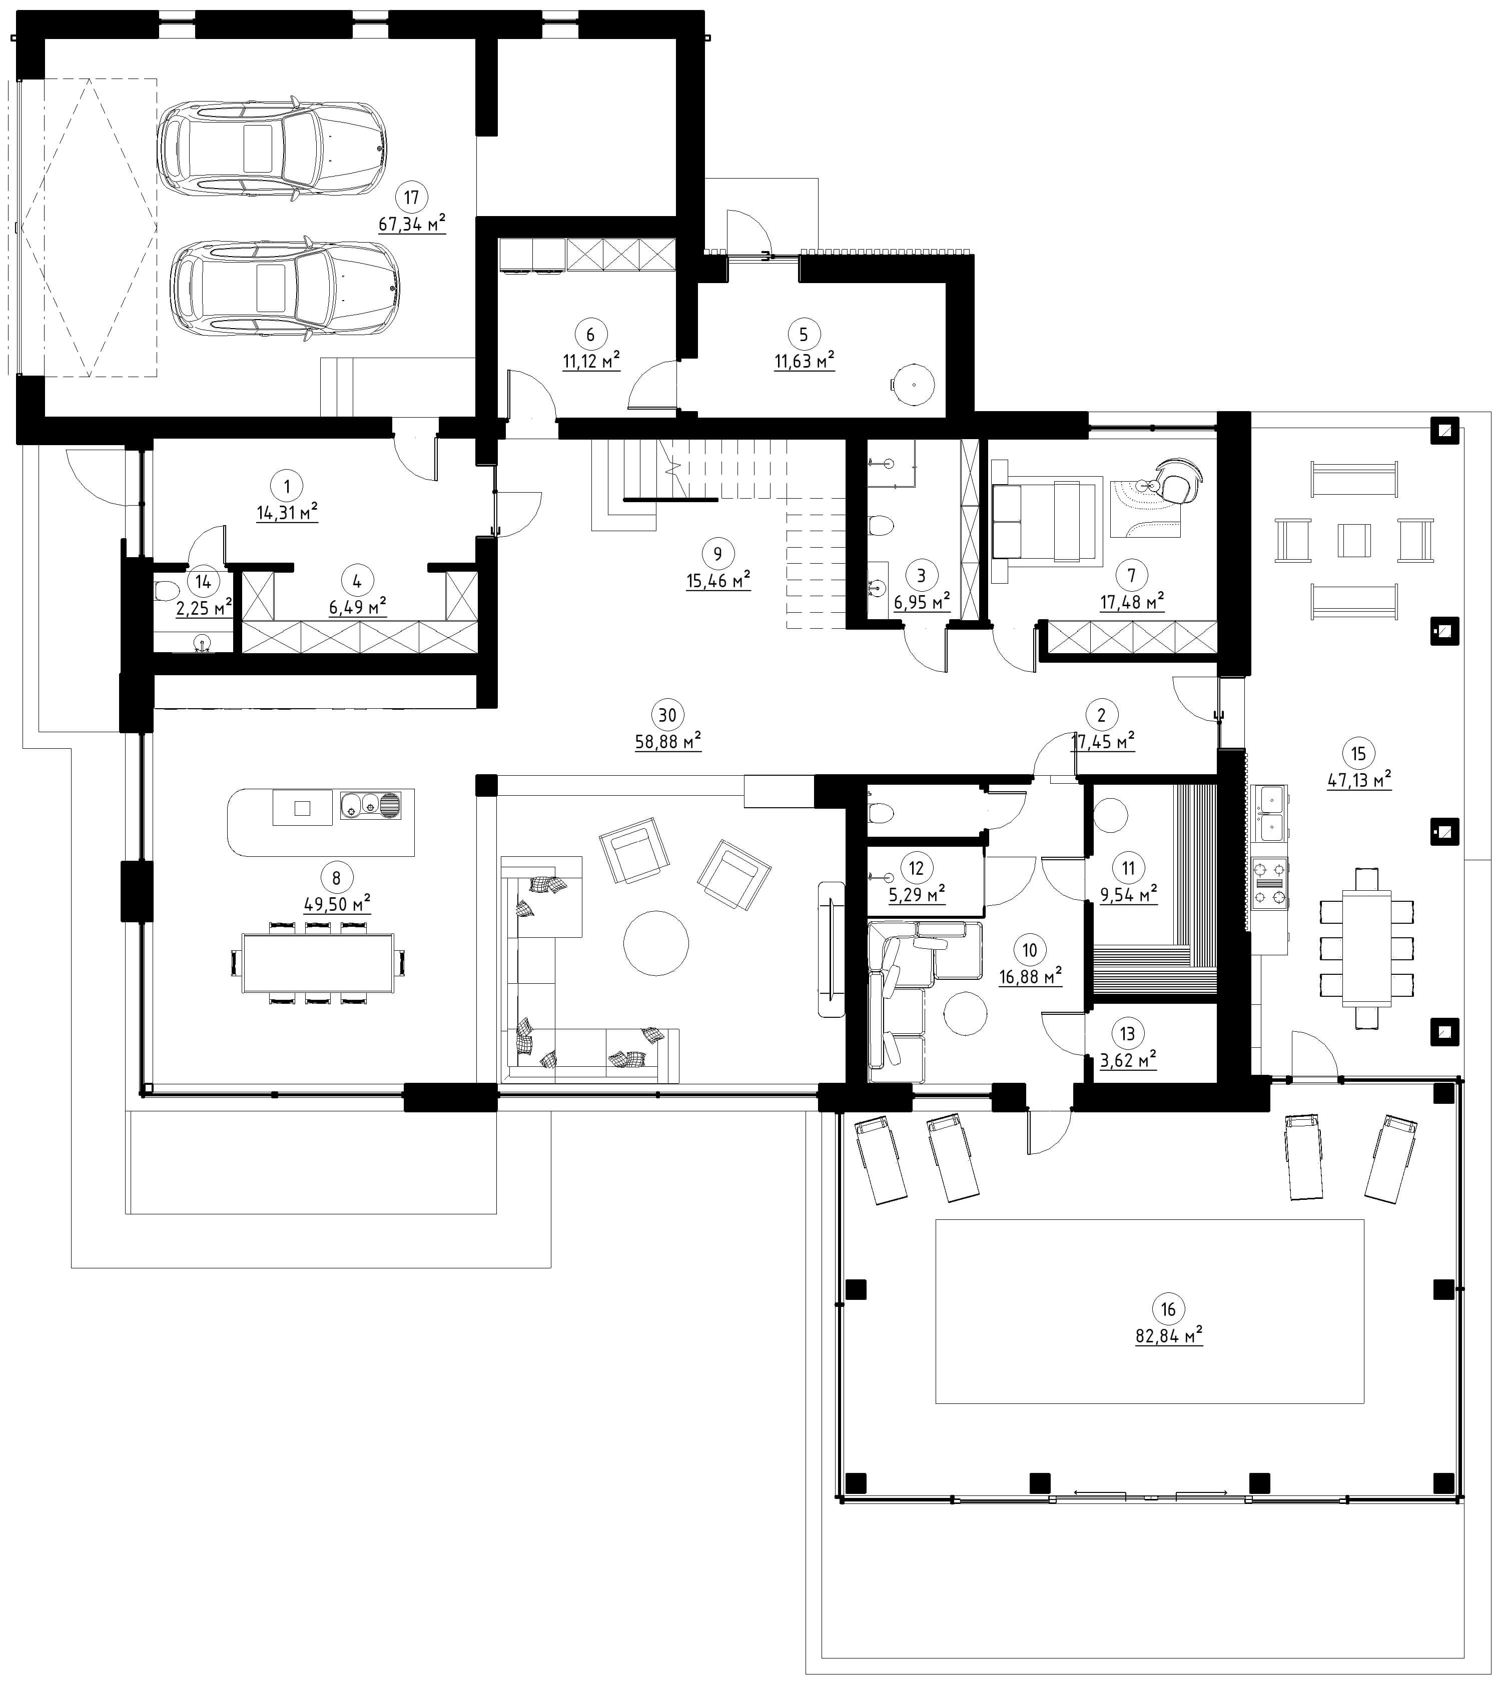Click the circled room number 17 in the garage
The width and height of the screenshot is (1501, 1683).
coord(412,197)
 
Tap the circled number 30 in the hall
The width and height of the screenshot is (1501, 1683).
coord(667,714)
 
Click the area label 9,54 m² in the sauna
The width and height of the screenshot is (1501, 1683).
coord(1128,894)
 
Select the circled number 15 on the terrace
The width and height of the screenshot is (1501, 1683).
coord(1358,753)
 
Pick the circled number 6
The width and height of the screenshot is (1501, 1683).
coord(590,334)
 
